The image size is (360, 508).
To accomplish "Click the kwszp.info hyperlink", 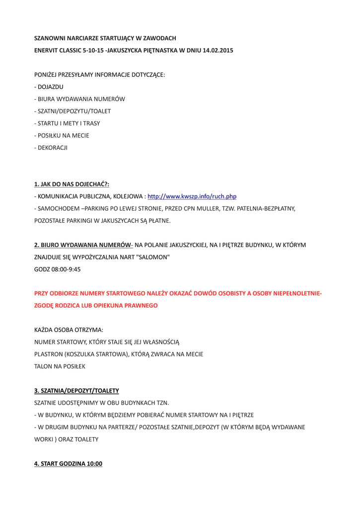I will [x=192, y=196].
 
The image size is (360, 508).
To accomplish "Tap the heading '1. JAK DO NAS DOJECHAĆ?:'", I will [x=72, y=184].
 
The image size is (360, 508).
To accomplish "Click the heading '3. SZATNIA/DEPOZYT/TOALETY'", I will [x=76, y=391].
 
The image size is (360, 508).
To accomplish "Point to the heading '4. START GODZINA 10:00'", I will [x=68, y=464].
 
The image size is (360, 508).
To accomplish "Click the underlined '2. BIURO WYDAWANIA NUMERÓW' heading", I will [x=82, y=245].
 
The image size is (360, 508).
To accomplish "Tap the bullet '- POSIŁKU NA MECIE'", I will [x=62, y=135].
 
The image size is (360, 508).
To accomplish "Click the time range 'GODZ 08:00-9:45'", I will [x=57, y=269].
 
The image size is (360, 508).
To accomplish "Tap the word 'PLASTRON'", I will [x=49, y=354].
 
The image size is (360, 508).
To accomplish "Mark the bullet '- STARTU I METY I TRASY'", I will [x=67, y=123].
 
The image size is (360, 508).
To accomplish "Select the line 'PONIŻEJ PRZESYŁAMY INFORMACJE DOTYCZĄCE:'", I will [x=99, y=74].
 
